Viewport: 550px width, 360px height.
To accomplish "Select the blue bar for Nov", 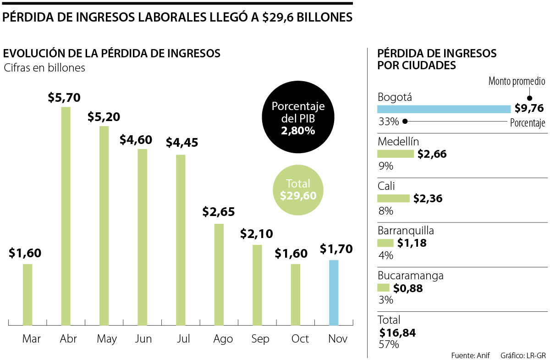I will (334, 293).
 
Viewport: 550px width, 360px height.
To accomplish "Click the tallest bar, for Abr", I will (66, 216).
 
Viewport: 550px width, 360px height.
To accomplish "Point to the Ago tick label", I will (223, 339).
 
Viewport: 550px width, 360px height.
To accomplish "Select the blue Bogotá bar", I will (444, 109).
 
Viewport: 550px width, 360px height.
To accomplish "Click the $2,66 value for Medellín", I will (432, 154).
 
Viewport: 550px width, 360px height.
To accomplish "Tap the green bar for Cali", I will (393, 198).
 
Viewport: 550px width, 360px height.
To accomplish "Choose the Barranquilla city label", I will (406, 230).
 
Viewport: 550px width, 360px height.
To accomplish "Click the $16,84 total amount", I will (398, 332).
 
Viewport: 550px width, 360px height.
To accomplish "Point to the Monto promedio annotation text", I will (517, 82).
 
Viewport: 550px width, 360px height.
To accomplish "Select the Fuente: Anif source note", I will (470, 355).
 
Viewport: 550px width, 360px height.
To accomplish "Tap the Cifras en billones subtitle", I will (44, 68).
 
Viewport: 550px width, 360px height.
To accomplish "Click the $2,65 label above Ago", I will (219, 212).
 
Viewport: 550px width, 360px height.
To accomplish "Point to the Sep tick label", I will (260, 339).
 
